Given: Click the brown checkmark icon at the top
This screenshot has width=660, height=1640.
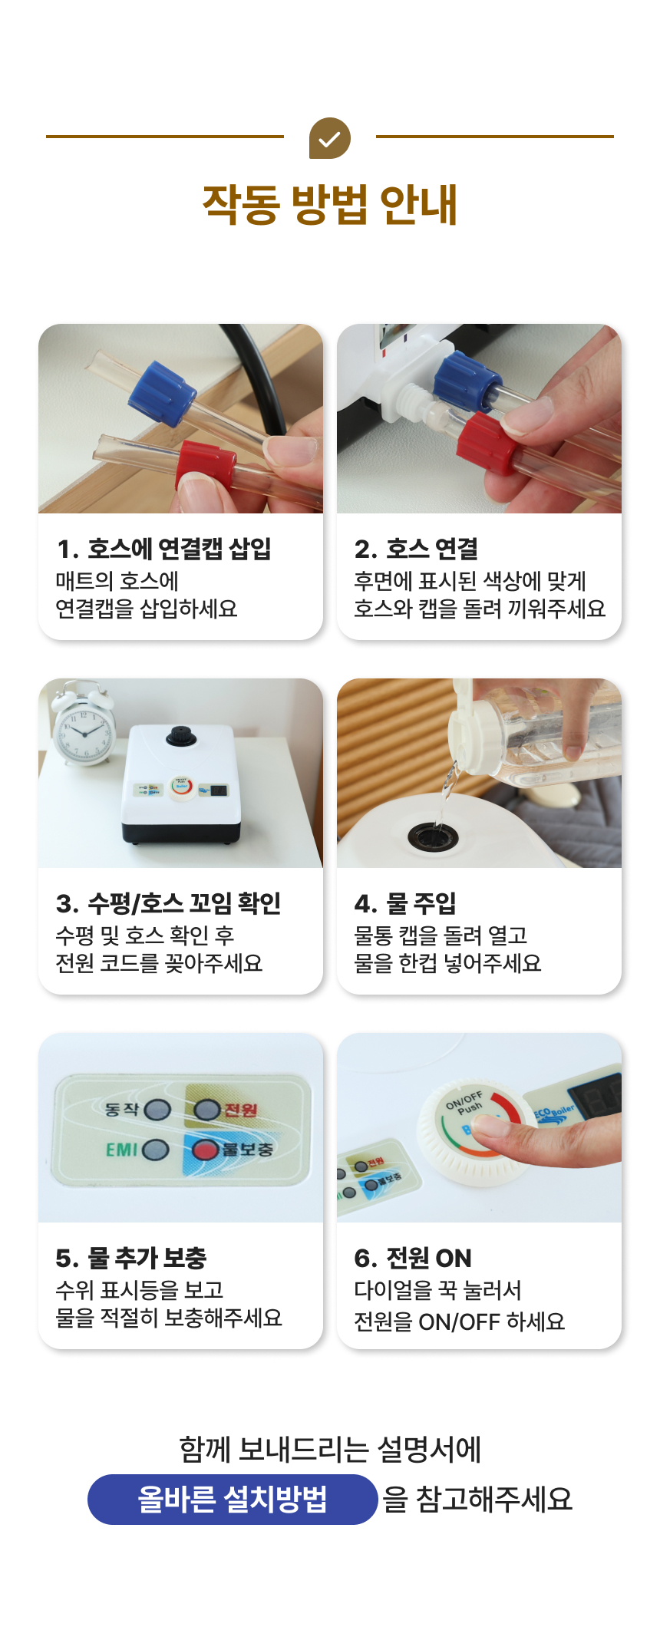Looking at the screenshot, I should click(329, 138).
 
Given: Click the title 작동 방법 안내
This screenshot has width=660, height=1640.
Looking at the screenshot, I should click(329, 204).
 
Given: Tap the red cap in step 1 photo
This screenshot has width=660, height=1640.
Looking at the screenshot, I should click(205, 464).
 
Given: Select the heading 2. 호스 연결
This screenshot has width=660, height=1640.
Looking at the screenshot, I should click(417, 549).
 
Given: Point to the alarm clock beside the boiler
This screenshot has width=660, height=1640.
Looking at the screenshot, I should click(83, 725).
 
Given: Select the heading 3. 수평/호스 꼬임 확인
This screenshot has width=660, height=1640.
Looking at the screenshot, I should click(168, 903).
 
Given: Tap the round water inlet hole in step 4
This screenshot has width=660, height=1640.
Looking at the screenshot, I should click(433, 836).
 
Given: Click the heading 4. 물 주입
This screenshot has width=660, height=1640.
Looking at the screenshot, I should click(405, 903).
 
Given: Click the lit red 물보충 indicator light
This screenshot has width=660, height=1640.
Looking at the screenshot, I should click(206, 1150).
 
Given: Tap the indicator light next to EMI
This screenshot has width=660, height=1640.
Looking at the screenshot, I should click(156, 1150).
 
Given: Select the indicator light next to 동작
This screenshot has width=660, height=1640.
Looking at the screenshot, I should click(157, 1110).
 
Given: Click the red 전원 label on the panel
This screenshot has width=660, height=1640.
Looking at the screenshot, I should click(240, 1110).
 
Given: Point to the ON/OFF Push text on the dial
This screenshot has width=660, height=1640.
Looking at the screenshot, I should click(464, 1102).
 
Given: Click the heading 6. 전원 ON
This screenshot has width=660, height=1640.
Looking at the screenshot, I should click(413, 1258).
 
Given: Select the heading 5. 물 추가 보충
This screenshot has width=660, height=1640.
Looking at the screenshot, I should click(131, 1258).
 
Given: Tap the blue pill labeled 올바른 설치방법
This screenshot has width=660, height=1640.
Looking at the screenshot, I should click(232, 1499).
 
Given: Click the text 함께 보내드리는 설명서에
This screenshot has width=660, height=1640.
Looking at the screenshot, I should click(329, 1450).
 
